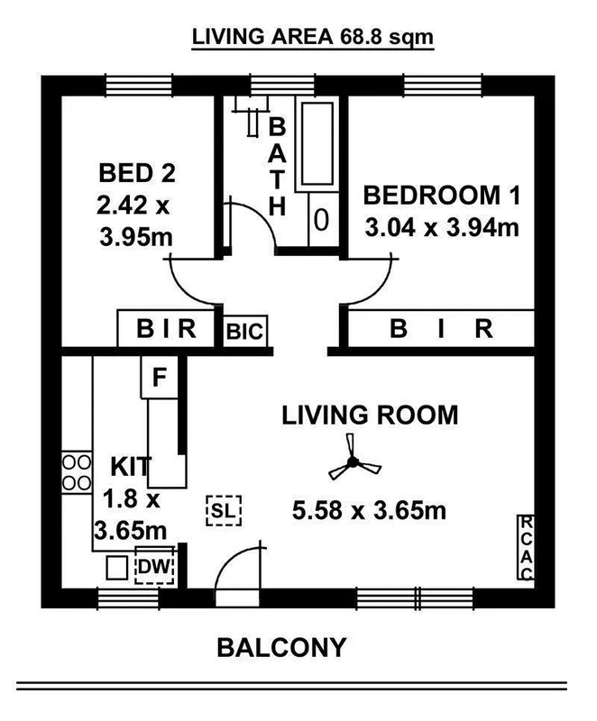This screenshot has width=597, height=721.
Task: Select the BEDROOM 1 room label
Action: pyautogui.click(x=441, y=195)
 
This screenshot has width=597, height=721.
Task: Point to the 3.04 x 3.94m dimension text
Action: pyautogui.click(x=441, y=227)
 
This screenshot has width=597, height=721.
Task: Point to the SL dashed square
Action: pyautogui.click(x=224, y=511)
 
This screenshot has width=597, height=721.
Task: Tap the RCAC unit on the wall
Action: pyautogui.click(x=526, y=551)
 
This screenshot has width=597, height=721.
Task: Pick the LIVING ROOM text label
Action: pyautogui.click(x=370, y=415)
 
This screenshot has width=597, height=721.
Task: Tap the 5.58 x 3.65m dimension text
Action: pyautogui.click(x=370, y=512)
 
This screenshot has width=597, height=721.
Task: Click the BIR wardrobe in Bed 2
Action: pyautogui.click(x=167, y=330)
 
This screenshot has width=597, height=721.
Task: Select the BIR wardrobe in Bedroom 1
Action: pyautogui.click(x=440, y=330)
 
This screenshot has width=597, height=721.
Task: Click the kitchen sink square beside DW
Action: pyautogui.click(x=115, y=569)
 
